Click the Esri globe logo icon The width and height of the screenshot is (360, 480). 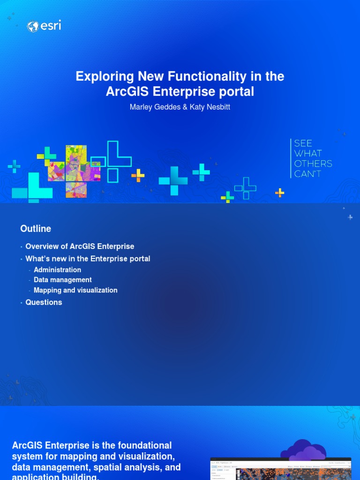click(33, 27)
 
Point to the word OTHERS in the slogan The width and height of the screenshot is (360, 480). click(313, 164)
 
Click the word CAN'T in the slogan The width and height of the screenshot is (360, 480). click(307, 174)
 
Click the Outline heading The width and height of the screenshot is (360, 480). click(36, 229)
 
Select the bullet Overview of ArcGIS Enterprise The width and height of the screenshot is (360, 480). click(80, 247)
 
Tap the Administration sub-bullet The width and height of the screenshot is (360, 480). click(57, 270)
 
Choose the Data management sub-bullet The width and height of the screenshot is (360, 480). click(63, 280)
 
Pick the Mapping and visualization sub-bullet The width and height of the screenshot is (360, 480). click(75, 291)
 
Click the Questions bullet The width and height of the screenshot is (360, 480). click(44, 303)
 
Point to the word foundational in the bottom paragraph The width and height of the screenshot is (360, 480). click(142, 445)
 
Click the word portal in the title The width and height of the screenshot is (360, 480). click(237, 91)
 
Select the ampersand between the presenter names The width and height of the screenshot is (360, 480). click(184, 107)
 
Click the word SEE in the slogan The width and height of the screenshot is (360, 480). click(303, 143)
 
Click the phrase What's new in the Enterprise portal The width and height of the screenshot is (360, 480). click(88, 259)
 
